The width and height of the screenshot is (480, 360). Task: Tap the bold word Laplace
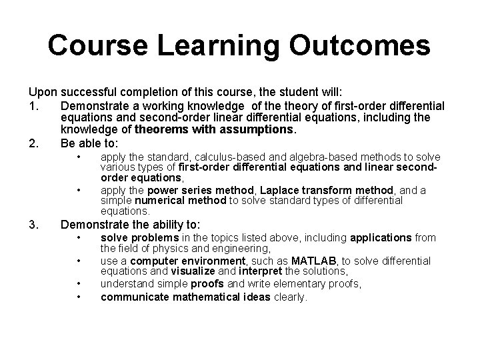click(x=255, y=190)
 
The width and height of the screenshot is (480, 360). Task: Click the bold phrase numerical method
click(x=169, y=200)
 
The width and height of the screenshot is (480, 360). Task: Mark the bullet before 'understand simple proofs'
click(x=78, y=283)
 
